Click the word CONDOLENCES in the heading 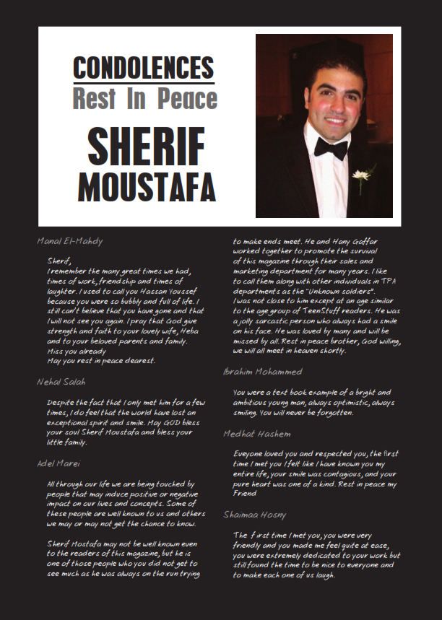click(144, 68)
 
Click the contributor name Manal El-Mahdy click(70, 241)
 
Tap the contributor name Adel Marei click(58, 463)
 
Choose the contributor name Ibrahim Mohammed click(262, 372)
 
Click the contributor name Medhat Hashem click(257, 434)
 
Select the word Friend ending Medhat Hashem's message click(244, 494)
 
